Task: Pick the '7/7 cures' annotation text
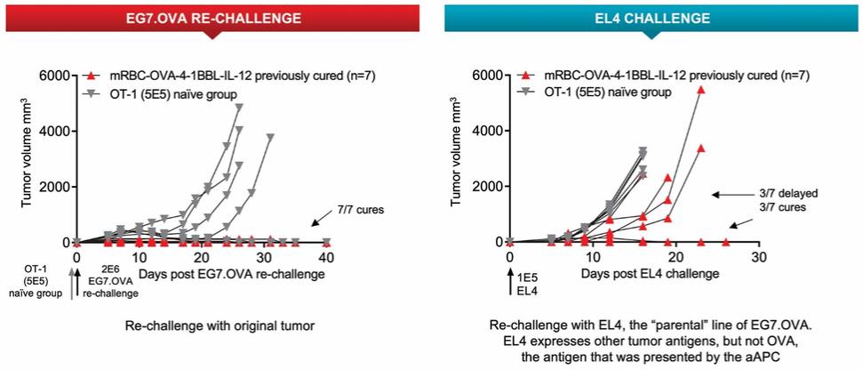[x=358, y=209]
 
